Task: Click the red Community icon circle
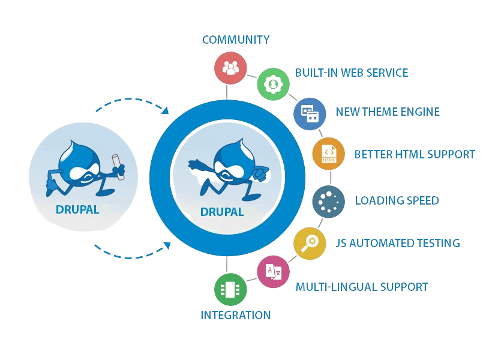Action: click(231, 68)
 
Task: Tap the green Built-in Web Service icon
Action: click(273, 84)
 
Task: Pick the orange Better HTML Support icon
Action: click(329, 154)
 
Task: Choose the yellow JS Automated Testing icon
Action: click(310, 243)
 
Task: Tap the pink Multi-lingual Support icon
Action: click(273, 271)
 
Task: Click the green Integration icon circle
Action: click(231, 289)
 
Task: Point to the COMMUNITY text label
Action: click(236, 40)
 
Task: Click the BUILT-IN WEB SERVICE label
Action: click(352, 73)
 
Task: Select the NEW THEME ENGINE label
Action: click(388, 112)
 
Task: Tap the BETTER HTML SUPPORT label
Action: click(415, 154)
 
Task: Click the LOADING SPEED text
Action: click(397, 200)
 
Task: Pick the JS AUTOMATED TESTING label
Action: click(398, 243)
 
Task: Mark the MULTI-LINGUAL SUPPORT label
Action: click(362, 287)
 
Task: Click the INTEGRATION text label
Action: click(235, 315)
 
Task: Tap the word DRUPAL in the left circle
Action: click(77, 210)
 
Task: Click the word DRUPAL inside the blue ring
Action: click(222, 212)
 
